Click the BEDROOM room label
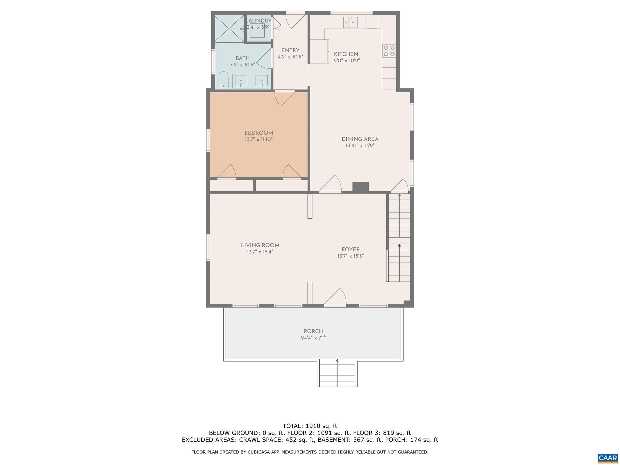[x=259, y=133]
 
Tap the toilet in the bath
[x=223, y=80]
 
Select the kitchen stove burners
[x=389, y=51]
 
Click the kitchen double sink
[x=351, y=22]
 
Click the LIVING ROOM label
[x=260, y=245]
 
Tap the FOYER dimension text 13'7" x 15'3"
[x=351, y=256]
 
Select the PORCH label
[x=313, y=331]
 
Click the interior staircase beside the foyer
[x=399, y=238]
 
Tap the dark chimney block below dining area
[x=361, y=187]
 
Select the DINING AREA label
[x=360, y=139]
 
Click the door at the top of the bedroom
[x=284, y=97]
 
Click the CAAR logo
[x=608, y=457]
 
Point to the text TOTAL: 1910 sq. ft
[x=310, y=426]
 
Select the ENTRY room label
[x=290, y=51]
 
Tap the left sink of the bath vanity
[x=241, y=81]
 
